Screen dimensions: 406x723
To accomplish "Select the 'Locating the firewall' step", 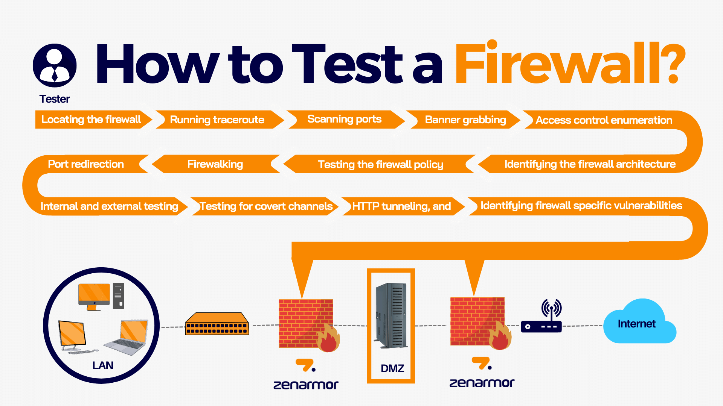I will [x=91, y=120].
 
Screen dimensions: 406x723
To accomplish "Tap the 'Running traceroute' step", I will [x=217, y=120].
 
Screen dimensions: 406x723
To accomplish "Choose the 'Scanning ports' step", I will [x=344, y=119].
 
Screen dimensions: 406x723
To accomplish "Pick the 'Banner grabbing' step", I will [x=465, y=120].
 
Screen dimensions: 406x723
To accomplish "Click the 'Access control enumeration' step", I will [x=604, y=120].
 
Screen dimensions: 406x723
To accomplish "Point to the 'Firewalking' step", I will [x=215, y=164].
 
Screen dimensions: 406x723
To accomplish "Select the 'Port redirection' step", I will [x=86, y=164].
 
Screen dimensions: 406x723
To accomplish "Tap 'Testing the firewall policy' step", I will [x=380, y=165].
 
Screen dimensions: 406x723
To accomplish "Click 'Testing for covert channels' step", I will [x=266, y=206].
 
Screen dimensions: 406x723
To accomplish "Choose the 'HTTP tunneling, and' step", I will [x=401, y=206].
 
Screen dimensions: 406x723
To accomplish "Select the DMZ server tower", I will [x=391, y=316].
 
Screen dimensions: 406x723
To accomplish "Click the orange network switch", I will [x=217, y=324].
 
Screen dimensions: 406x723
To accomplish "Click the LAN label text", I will [x=103, y=365].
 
